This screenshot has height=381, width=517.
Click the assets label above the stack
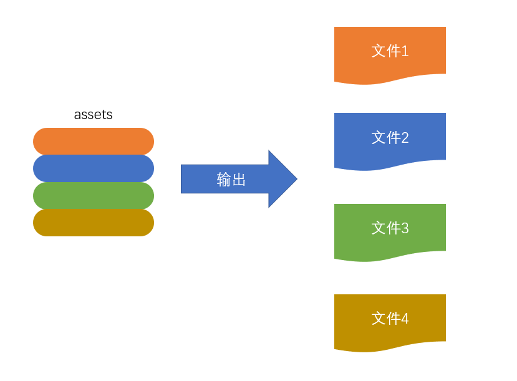pyautogui.click(x=93, y=115)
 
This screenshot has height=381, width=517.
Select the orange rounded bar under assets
pyautogui.click(x=94, y=141)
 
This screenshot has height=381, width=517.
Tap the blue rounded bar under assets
pyautogui.click(x=94, y=168)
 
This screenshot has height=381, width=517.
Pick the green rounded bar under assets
pyautogui.click(x=94, y=195)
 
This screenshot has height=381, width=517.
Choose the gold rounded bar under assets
pyautogui.click(x=94, y=223)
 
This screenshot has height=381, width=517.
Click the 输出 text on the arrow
pyautogui.click(x=231, y=180)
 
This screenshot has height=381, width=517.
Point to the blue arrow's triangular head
pyautogui.click(x=282, y=179)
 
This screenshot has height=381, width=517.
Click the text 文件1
pyautogui.click(x=390, y=51)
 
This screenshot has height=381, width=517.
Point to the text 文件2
pyautogui.click(x=390, y=137)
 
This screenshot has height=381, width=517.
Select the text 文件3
pyautogui.click(x=390, y=228)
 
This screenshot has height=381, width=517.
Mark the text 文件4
pyautogui.click(x=390, y=319)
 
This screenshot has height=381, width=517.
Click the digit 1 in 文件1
pyautogui.click(x=405, y=51)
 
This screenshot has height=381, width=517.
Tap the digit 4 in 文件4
pyautogui.click(x=405, y=319)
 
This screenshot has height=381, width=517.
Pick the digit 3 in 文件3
pyautogui.click(x=405, y=228)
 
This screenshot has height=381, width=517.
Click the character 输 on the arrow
pyautogui.click(x=224, y=180)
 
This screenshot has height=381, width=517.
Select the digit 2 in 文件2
pyautogui.click(x=405, y=137)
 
